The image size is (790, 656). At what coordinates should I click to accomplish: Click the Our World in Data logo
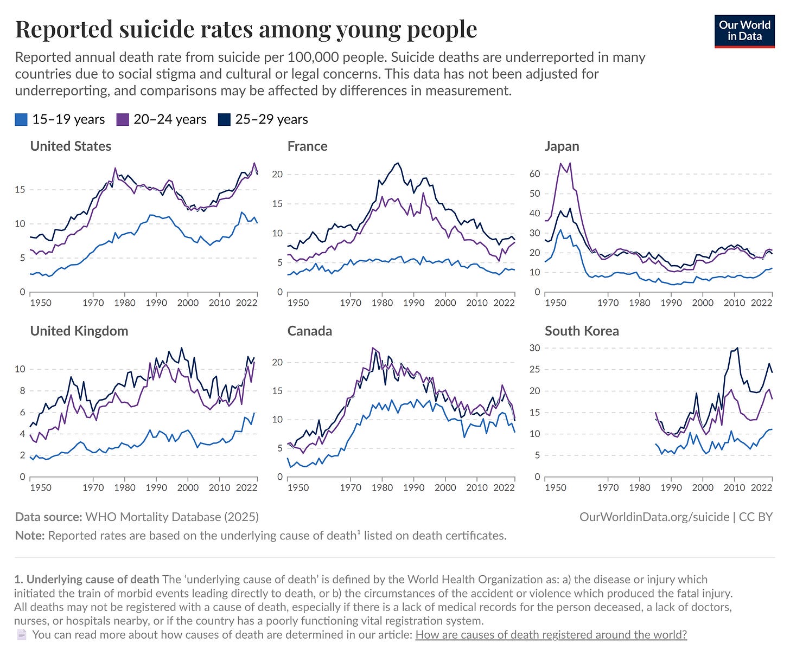(x=744, y=31)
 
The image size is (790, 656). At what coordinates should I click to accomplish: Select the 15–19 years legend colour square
(x=21, y=120)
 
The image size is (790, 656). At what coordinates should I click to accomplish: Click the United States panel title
(x=71, y=146)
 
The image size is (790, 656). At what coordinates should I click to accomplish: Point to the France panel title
(x=307, y=146)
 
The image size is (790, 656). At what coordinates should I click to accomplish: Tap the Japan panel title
(x=562, y=146)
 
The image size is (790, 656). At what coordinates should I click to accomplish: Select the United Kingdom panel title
(x=79, y=331)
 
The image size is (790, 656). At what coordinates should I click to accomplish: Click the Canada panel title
(x=309, y=331)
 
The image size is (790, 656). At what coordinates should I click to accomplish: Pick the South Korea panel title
(x=582, y=331)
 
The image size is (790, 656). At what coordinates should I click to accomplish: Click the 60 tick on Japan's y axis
(x=534, y=174)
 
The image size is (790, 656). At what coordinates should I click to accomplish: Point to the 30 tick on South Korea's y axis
(x=534, y=348)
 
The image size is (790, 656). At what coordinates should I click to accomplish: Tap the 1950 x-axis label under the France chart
(x=298, y=303)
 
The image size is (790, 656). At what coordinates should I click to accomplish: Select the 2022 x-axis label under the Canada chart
(x=504, y=487)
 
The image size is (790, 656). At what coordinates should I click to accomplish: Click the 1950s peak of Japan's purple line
(x=560, y=163)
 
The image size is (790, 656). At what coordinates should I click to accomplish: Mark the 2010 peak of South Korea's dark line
(x=737, y=348)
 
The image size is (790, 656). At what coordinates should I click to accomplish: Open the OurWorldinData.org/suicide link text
(x=654, y=517)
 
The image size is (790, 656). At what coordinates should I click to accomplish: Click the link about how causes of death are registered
(x=551, y=634)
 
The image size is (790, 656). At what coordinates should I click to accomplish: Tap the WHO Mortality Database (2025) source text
(x=172, y=517)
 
